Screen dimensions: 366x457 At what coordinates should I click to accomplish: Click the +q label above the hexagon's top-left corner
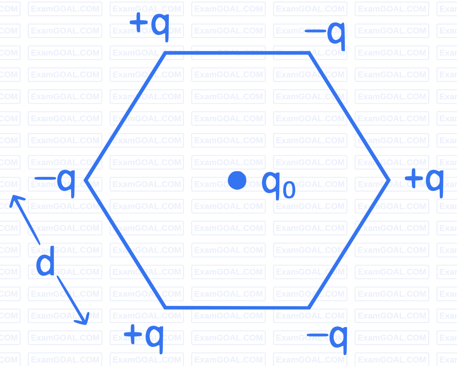click(x=150, y=25)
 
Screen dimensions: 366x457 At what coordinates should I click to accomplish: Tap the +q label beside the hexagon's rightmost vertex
click(x=424, y=181)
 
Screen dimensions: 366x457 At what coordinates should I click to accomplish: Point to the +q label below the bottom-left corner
click(x=147, y=337)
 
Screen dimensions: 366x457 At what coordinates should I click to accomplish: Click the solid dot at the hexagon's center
click(x=237, y=180)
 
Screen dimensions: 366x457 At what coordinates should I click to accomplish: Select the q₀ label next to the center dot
click(x=278, y=185)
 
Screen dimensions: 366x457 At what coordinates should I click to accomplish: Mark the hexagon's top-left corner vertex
click(x=165, y=53)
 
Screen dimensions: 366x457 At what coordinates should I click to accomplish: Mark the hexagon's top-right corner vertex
click(x=309, y=53)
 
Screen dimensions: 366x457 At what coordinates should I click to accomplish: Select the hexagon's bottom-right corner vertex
click(x=308, y=307)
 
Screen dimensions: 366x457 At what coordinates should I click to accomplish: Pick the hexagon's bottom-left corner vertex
click(x=165, y=307)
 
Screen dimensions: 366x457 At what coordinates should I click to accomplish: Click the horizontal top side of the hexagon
click(x=237, y=53)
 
